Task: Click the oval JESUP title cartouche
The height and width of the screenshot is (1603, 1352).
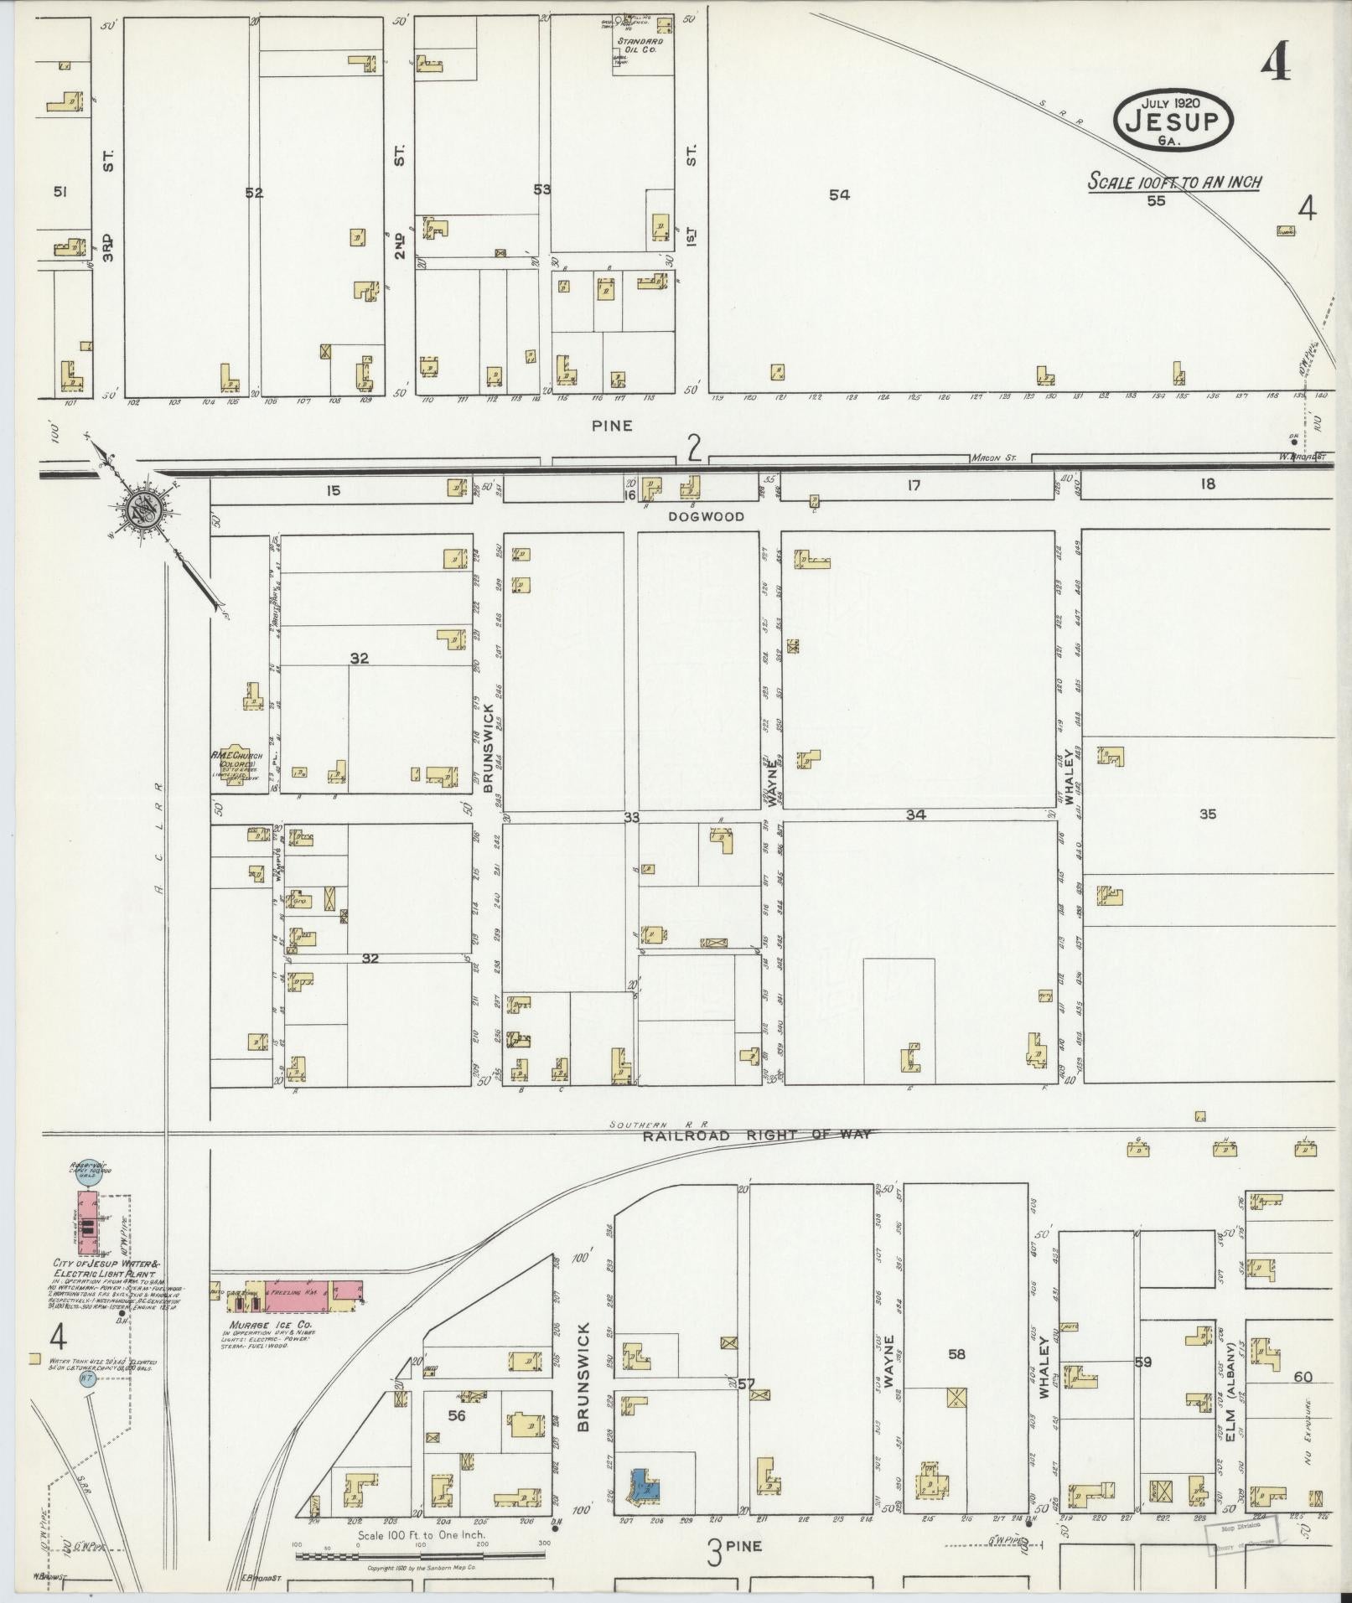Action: pyautogui.click(x=1173, y=121)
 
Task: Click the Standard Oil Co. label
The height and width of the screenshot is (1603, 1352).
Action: pyautogui.click(x=640, y=44)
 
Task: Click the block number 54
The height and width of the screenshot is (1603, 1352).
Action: pyautogui.click(x=839, y=194)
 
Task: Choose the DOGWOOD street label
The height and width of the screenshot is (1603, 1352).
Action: pyautogui.click(x=706, y=517)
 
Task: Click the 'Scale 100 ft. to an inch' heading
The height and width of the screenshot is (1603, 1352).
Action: pyautogui.click(x=1174, y=182)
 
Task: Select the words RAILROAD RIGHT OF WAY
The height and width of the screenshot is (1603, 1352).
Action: pyautogui.click(x=757, y=1135)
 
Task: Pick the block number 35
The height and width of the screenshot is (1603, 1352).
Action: pyautogui.click(x=1207, y=814)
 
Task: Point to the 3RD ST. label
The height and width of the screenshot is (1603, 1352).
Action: pyautogui.click(x=109, y=201)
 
